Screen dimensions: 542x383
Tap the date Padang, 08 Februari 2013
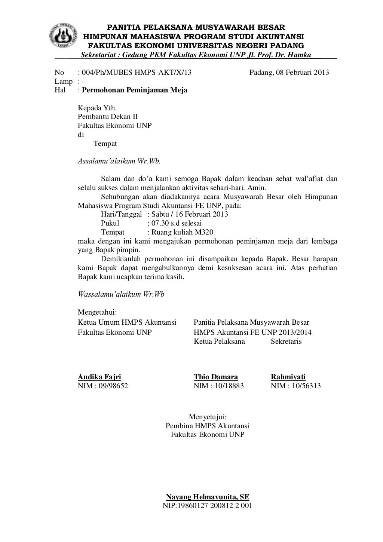289,73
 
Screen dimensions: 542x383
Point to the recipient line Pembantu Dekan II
108,117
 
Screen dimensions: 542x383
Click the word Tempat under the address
105,144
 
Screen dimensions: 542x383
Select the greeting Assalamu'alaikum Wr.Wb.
119,162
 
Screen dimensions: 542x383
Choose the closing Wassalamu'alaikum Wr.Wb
121,294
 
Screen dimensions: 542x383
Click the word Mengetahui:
98,312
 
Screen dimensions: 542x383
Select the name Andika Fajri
99,377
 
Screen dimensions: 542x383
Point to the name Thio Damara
216,377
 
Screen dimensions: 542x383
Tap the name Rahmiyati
288,377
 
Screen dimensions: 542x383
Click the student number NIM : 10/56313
295,386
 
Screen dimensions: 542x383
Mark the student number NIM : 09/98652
102,386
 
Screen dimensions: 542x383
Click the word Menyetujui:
208,417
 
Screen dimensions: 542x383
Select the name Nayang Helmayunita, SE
208,497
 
